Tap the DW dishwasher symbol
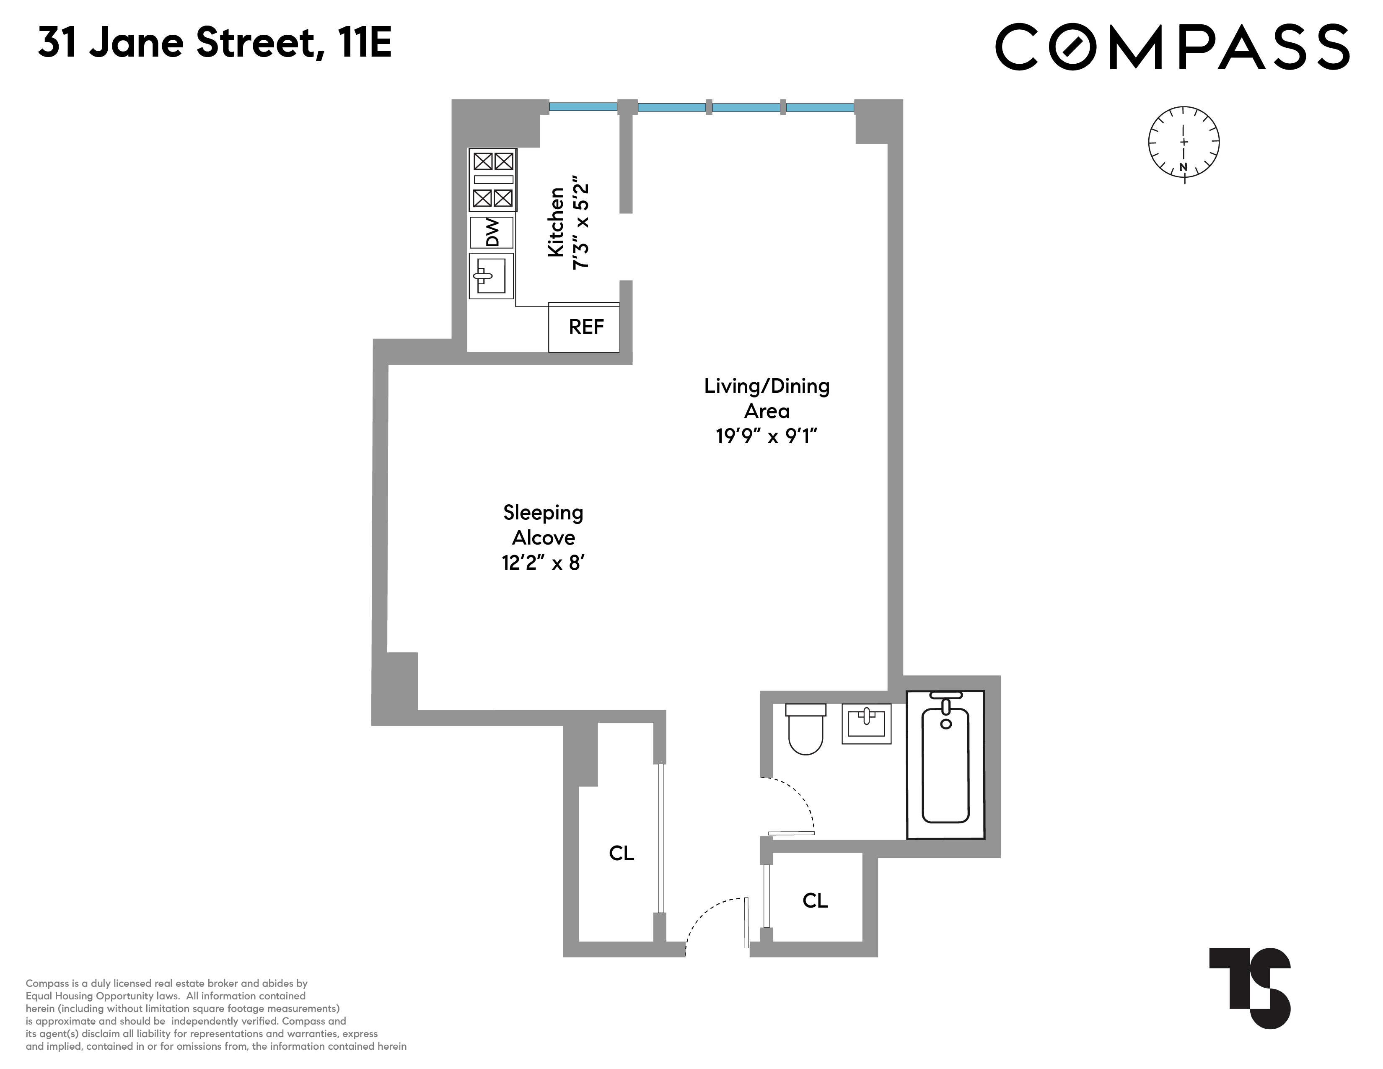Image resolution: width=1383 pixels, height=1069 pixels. click(492, 232)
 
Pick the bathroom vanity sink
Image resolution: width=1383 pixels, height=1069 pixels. click(866, 723)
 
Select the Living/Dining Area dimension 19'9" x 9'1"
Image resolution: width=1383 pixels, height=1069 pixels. click(767, 436)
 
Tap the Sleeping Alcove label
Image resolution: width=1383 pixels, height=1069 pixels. click(543, 525)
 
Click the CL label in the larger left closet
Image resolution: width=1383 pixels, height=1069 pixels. click(621, 853)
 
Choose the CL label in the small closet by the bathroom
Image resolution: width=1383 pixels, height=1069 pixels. click(815, 900)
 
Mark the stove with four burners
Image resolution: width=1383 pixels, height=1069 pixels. click(493, 180)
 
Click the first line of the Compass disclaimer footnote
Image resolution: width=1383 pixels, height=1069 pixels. click(166, 983)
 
